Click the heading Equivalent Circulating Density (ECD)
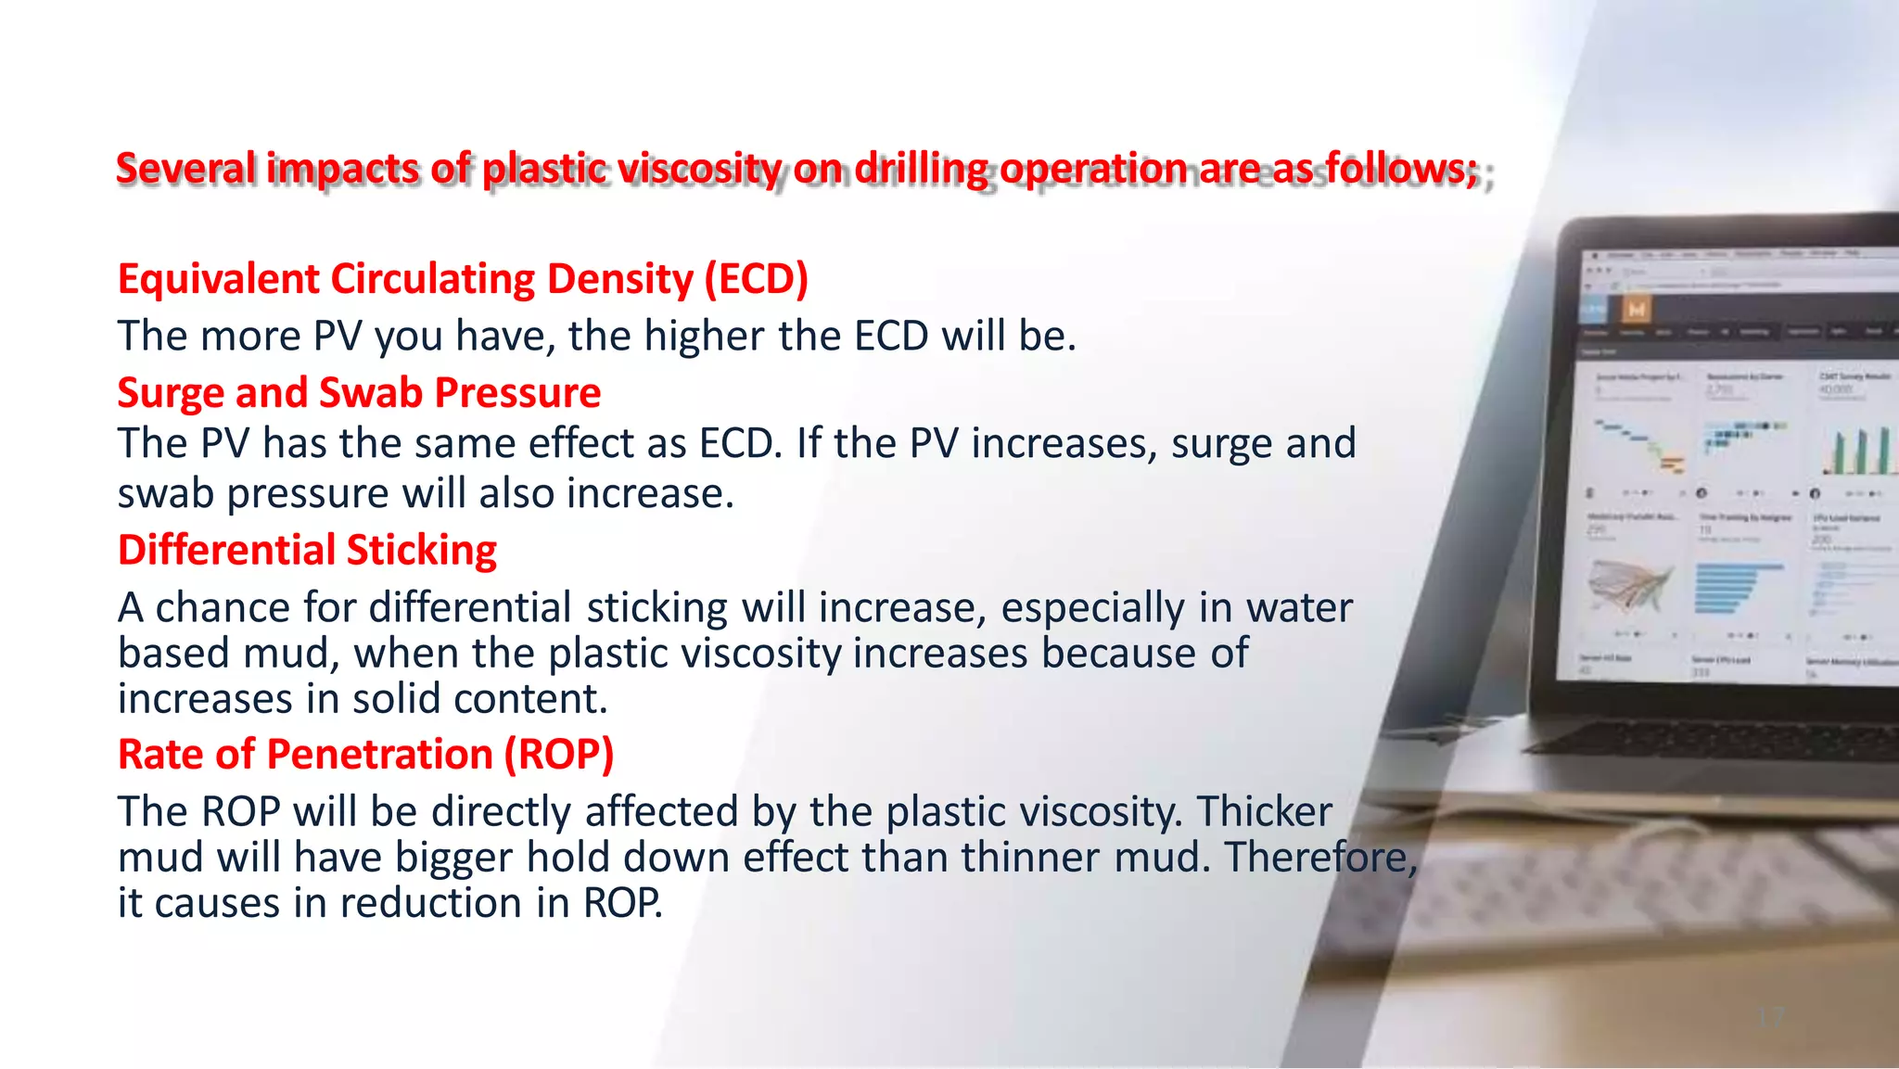coord(463,279)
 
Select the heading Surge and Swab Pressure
coord(359,392)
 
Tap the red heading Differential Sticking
coord(307,550)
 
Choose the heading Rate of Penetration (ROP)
coord(365,754)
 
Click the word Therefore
coord(1320,858)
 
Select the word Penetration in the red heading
coord(379,754)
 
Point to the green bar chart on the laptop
coord(1859,452)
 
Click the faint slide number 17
coord(1771,1017)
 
